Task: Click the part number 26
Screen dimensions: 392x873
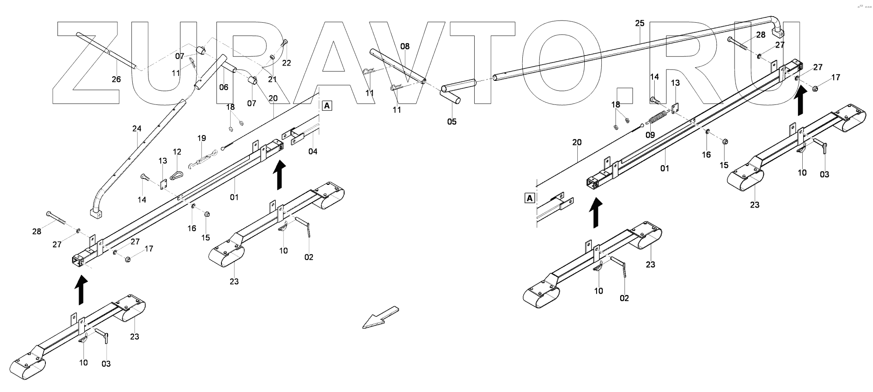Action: [116, 79]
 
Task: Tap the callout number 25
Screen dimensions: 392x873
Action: [639, 23]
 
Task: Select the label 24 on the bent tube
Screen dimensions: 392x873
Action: [137, 128]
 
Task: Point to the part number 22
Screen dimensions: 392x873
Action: [286, 63]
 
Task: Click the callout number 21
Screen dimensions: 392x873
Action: [273, 79]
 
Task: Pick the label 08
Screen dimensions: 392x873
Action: [405, 46]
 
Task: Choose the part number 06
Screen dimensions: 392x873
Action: [224, 87]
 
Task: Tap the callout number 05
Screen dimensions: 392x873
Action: [452, 121]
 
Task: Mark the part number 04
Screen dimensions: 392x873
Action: [313, 151]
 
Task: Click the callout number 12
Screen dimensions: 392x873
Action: [177, 152]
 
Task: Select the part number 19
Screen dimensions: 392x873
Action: [201, 138]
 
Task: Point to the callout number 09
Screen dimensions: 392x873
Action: [650, 135]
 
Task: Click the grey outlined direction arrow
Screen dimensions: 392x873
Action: [380, 318]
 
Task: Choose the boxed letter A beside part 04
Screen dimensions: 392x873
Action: [327, 105]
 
